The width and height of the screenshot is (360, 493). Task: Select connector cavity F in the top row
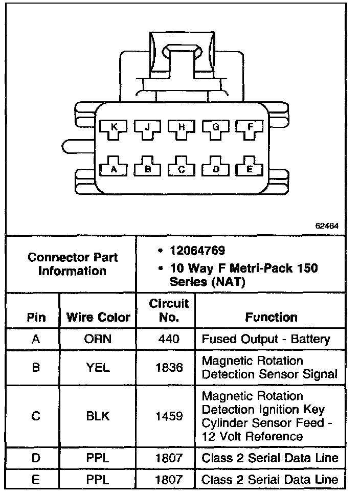click(249, 129)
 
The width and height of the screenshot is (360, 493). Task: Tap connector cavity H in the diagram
click(181, 129)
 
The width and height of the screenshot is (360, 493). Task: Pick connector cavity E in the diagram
click(249, 167)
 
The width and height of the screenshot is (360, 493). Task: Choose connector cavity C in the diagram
click(181, 168)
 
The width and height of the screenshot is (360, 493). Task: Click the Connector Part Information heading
click(72, 264)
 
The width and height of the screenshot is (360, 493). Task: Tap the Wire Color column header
click(98, 318)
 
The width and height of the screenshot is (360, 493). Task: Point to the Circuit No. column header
click(169, 310)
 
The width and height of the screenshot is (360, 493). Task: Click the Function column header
click(271, 318)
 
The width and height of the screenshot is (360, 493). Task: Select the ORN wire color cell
click(98, 339)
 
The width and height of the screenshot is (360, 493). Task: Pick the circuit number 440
click(169, 339)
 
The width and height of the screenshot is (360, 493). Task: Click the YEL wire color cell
click(98, 367)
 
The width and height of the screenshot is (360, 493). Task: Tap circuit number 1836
click(169, 367)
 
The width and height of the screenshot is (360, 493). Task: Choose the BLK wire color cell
click(98, 416)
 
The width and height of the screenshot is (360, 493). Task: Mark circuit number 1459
click(169, 416)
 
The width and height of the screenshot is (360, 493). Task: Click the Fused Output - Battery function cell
click(266, 339)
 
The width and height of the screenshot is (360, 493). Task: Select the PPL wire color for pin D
click(98, 458)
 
